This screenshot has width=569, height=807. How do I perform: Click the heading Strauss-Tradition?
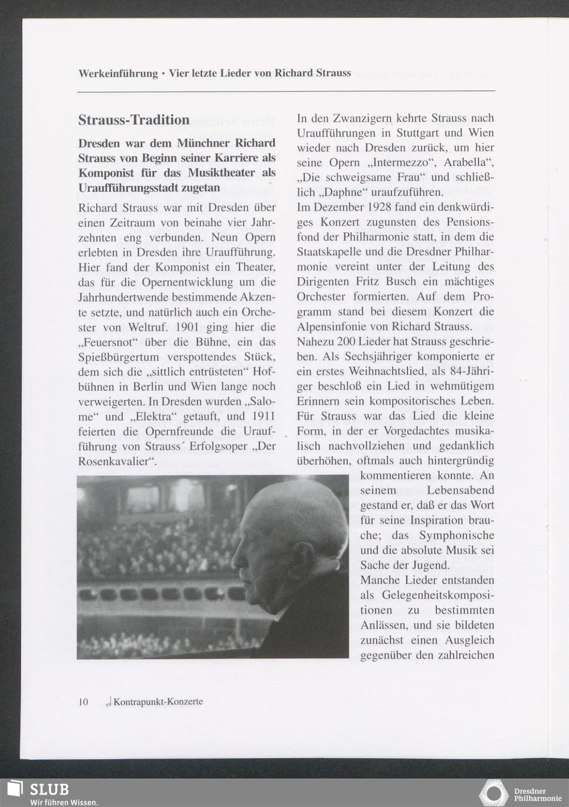(134, 120)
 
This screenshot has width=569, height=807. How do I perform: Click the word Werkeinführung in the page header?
(118, 73)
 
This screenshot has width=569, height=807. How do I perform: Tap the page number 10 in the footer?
(83, 702)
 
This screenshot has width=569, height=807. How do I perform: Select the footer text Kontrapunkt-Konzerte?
(158, 702)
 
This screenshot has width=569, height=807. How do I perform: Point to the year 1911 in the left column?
(263, 416)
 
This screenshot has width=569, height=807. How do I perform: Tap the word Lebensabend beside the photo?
(460, 490)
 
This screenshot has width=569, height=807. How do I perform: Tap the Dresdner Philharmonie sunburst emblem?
(493, 793)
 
